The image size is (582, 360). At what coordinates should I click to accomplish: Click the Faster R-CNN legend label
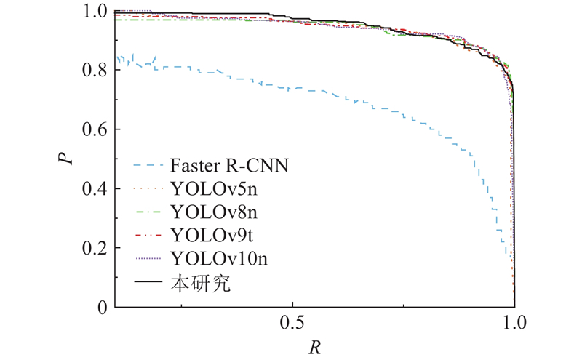click(x=230, y=165)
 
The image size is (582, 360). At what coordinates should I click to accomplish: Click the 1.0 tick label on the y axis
click(x=95, y=12)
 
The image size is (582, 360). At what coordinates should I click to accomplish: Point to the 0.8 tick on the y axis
click(x=95, y=71)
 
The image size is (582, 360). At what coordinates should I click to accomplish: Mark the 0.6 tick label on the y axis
click(x=95, y=130)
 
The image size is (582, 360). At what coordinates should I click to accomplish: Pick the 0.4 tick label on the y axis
click(x=95, y=189)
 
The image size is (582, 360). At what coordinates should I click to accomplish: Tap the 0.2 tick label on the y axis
click(x=95, y=249)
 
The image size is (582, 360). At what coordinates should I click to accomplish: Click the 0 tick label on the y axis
click(x=103, y=308)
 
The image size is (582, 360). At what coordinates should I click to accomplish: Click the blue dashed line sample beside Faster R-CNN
click(x=148, y=166)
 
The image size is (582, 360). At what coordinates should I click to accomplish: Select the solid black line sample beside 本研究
click(x=148, y=282)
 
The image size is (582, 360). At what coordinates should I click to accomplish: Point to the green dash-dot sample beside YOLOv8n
click(x=148, y=212)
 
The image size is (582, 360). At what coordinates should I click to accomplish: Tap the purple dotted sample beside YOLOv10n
click(x=148, y=259)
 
